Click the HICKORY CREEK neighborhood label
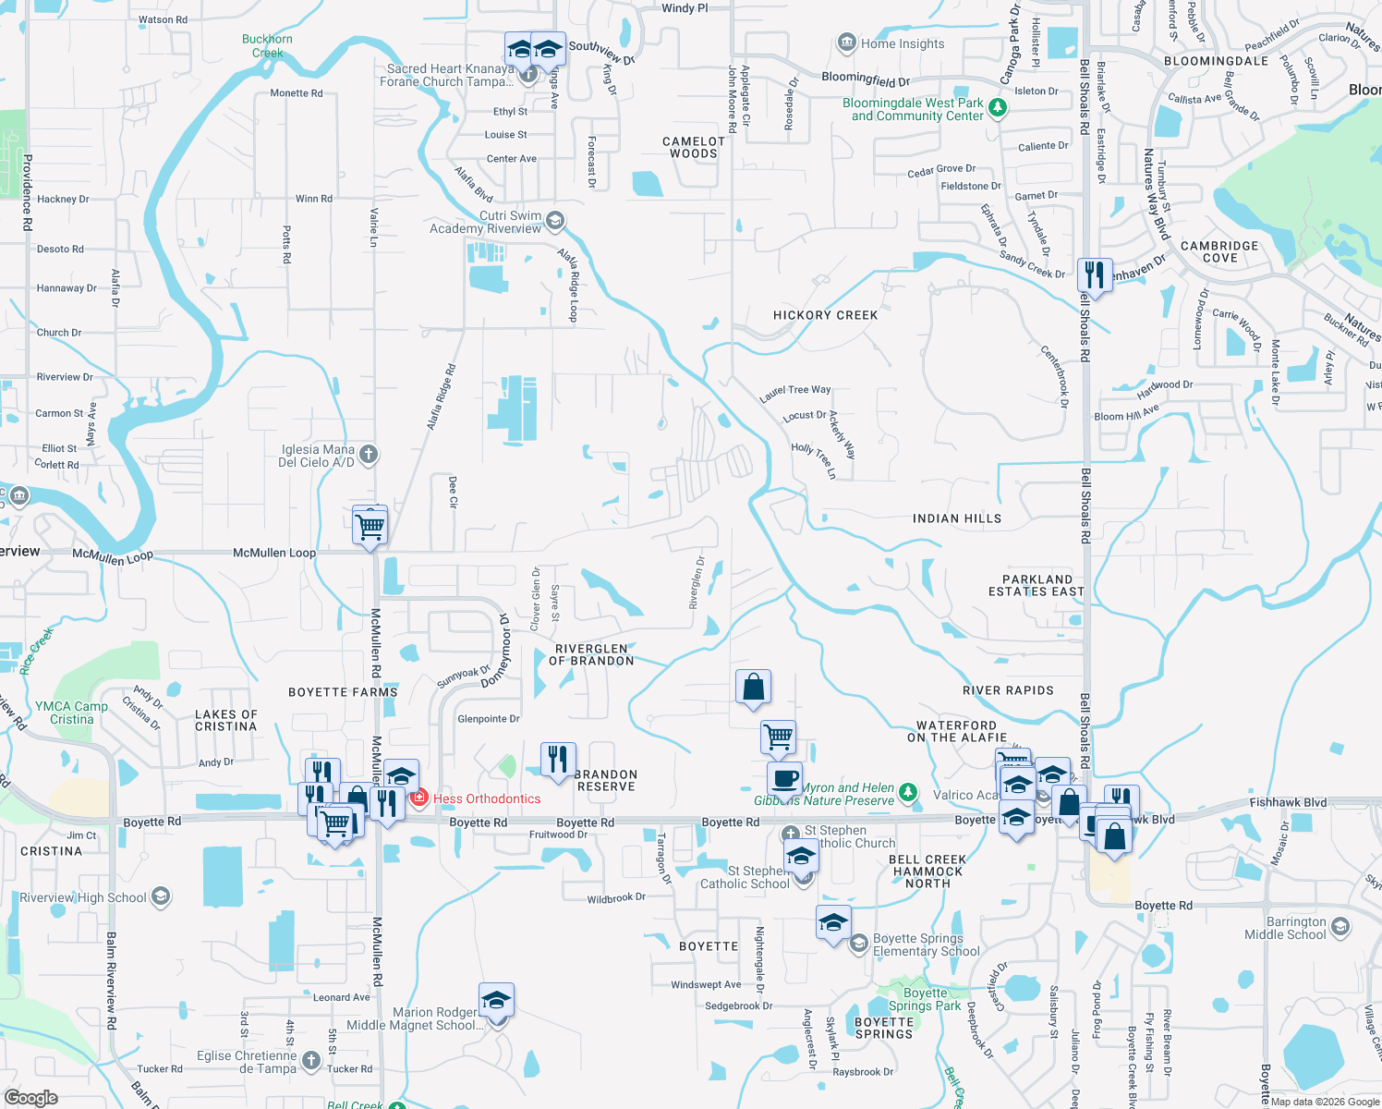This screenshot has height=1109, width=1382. (825, 315)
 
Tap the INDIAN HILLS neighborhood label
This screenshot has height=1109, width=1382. (956, 518)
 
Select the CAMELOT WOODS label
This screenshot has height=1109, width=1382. (693, 147)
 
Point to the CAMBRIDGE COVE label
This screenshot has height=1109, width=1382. (1219, 251)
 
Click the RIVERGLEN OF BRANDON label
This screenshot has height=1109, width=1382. (591, 654)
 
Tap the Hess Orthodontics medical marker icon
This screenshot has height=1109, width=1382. (418, 798)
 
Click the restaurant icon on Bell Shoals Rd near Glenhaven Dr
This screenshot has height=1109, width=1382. (1094, 275)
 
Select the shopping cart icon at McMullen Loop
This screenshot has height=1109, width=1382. (370, 527)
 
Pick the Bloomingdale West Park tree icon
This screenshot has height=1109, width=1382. (997, 108)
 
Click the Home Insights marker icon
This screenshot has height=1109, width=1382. (846, 43)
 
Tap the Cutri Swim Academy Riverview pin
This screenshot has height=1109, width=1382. (554, 221)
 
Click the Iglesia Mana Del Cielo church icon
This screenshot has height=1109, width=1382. (369, 454)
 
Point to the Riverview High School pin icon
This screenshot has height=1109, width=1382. (160, 896)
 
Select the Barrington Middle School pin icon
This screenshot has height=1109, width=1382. (1340, 926)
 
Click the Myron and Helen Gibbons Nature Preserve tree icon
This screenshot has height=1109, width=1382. (908, 793)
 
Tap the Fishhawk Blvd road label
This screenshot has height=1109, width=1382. (1288, 802)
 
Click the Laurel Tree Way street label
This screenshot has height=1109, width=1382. (794, 394)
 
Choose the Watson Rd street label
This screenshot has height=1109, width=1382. (163, 19)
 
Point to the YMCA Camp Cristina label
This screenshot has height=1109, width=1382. (71, 713)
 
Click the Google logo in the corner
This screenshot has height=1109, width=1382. (31, 1097)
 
